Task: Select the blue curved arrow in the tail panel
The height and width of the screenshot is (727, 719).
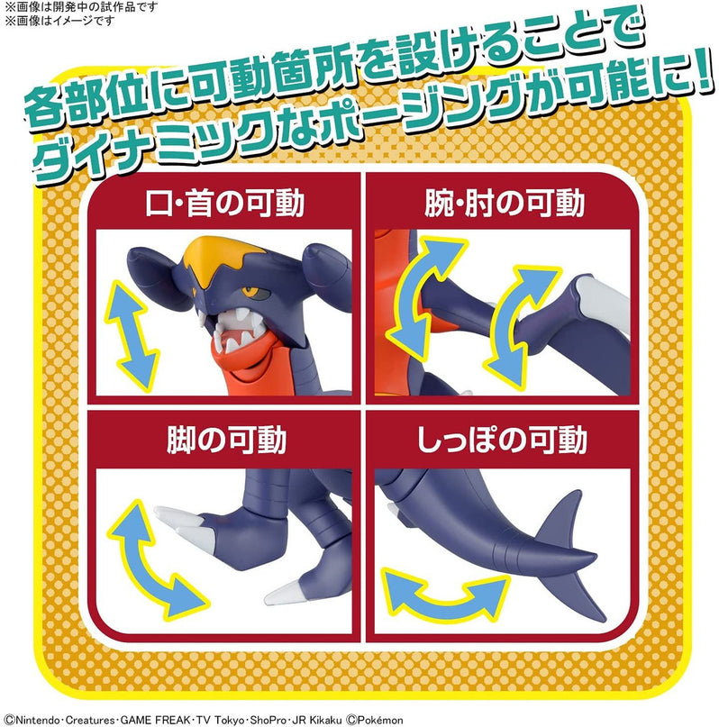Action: (x=442, y=590)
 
